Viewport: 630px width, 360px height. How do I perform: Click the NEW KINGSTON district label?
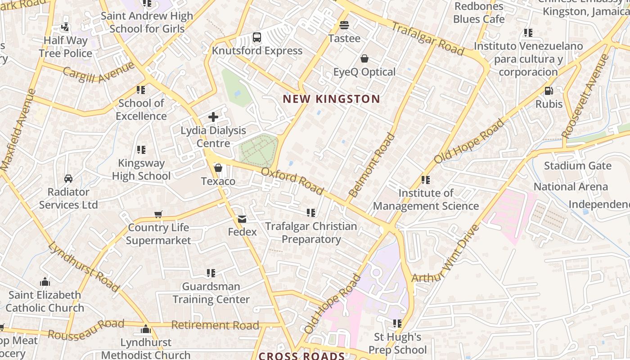(x=331, y=99)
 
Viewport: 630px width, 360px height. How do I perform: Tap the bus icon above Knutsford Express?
(x=257, y=37)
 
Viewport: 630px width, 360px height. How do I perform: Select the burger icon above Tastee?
(x=344, y=25)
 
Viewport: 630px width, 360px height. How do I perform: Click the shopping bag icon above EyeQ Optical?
(x=364, y=58)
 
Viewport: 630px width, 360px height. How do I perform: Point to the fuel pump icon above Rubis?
(x=549, y=91)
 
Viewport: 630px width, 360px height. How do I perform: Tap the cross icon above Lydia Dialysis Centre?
(x=213, y=117)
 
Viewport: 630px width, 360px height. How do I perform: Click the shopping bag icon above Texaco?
(x=218, y=168)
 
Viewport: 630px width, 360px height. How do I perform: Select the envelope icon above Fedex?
(x=242, y=219)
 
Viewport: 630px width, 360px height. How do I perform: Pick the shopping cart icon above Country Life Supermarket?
(x=158, y=214)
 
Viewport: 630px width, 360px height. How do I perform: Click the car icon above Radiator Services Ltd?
(x=68, y=179)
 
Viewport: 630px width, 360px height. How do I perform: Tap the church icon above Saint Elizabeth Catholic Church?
(x=45, y=282)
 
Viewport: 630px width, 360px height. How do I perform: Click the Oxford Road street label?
(x=292, y=181)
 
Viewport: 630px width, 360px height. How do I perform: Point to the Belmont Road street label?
(x=371, y=165)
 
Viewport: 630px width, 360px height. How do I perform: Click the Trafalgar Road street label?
(x=427, y=39)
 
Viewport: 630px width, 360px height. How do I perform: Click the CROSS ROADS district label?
(x=301, y=356)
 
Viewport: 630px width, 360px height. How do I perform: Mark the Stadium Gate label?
(x=577, y=166)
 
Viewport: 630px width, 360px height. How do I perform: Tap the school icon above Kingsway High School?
(x=141, y=150)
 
